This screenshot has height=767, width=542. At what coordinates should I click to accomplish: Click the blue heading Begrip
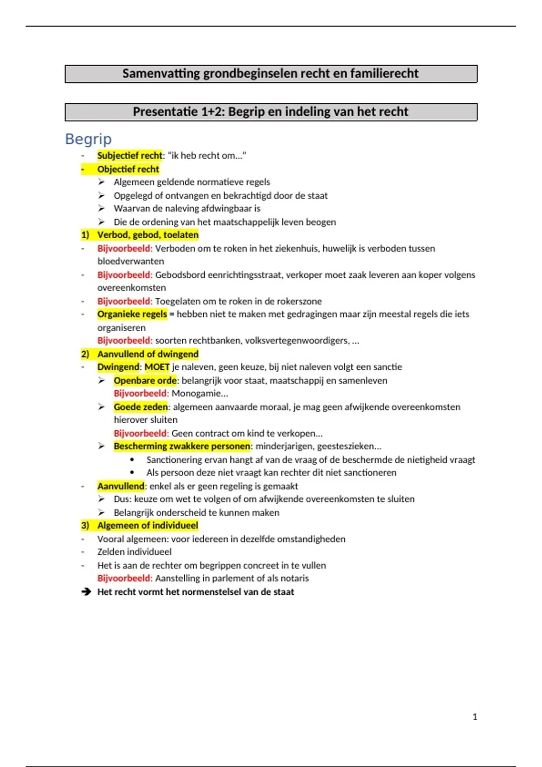(x=88, y=139)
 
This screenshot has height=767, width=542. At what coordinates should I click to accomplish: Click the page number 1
(x=475, y=716)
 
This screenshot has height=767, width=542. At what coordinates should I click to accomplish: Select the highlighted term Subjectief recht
(x=130, y=156)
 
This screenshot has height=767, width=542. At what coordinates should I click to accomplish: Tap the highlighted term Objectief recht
(x=128, y=169)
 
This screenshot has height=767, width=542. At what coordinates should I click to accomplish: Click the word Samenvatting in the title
(x=161, y=74)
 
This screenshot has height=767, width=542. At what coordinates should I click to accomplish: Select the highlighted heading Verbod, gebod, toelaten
(x=148, y=235)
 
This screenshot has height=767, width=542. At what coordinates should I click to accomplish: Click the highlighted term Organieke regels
(x=132, y=314)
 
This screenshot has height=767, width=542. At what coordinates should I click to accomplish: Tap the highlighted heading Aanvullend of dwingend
(x=148, y=354)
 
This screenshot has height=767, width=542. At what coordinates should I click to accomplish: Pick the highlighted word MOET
(x=157, y=367)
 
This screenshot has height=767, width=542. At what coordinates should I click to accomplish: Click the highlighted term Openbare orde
(x=145, y=380)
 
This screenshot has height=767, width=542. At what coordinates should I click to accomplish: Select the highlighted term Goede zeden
(x=140, y=407)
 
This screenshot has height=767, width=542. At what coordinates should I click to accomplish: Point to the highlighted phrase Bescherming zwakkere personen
(x=182, y=446)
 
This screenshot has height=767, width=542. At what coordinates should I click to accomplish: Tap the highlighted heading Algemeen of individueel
(x=148, y=526)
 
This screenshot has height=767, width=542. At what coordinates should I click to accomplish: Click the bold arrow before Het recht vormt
(x=86, y=592)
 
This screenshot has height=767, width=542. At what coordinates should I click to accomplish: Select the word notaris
(x=294, y=578)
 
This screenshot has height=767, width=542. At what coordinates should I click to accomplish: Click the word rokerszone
(x=299, y=301)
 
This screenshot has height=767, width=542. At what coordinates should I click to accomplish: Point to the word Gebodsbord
(x=180, y=275)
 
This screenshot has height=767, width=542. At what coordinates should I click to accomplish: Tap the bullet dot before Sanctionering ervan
(x=132, y=460)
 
